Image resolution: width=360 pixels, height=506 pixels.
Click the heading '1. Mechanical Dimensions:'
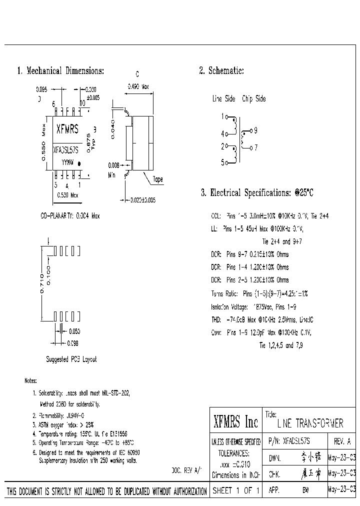[60, 71]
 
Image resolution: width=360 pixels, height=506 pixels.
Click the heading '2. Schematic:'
[221, 71]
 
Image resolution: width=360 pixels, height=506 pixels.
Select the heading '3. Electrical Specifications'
[256, 193]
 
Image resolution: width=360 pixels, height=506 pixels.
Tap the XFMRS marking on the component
[67, 129]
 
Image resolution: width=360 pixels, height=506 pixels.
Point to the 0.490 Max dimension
[138, 86]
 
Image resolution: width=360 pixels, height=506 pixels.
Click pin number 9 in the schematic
[255, 130]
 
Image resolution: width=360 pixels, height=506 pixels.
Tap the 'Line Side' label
[223, 99]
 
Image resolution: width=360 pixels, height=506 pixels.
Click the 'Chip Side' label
[254, 99]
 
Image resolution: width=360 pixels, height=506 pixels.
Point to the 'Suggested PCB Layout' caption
[71, 359]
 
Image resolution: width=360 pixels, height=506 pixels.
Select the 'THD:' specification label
[216, 319]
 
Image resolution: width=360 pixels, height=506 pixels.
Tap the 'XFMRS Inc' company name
[235, 423]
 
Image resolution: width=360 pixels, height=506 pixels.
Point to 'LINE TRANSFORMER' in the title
[310, 424]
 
